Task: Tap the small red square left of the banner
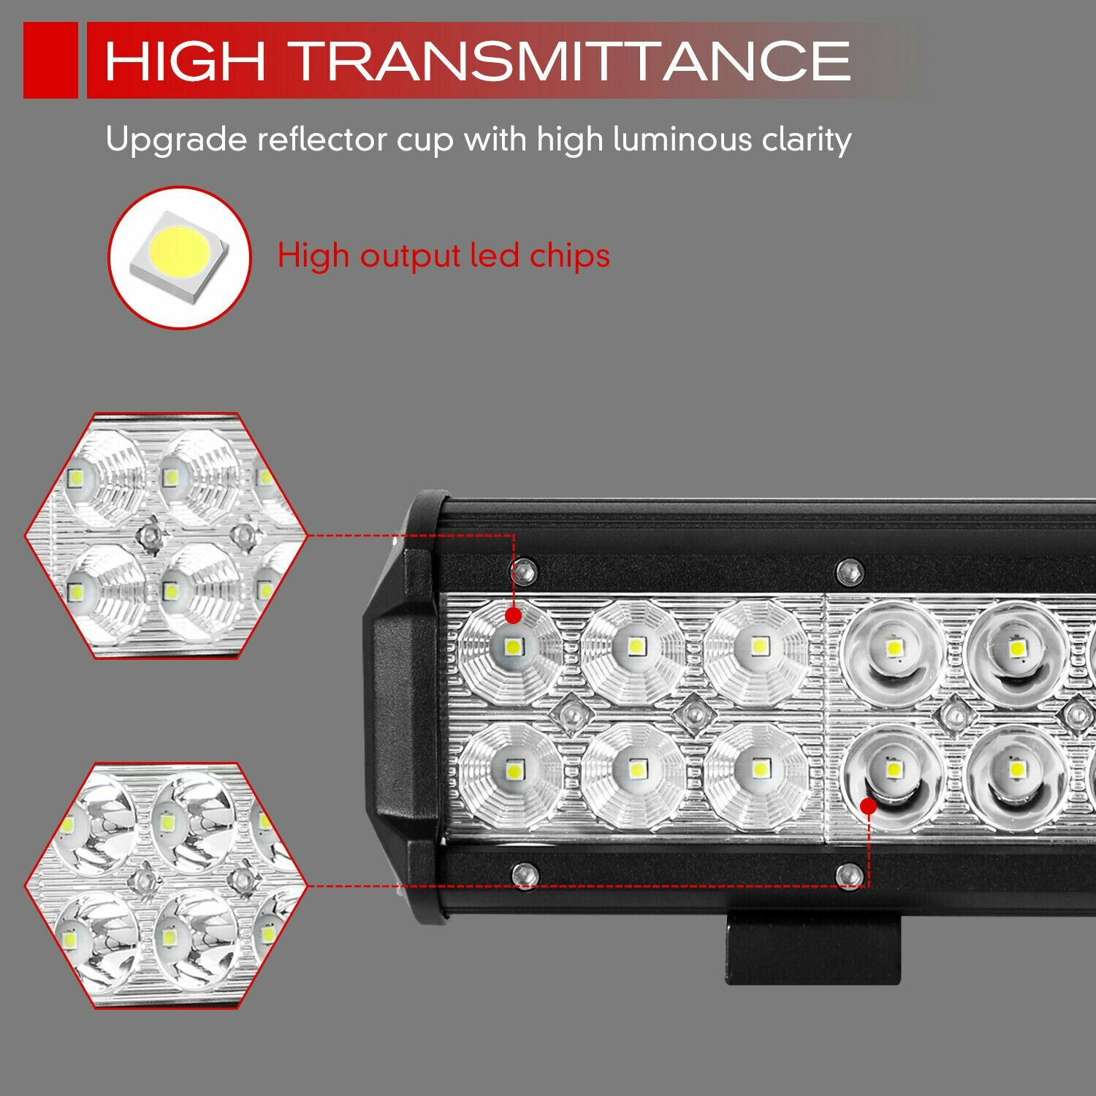pos(50,60)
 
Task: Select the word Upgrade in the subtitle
pos(176,140)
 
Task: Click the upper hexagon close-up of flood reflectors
pos(166,536)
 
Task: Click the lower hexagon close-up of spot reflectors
pos(166,886)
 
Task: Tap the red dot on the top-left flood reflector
pos(514,616)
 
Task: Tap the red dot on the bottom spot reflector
pos(868,806)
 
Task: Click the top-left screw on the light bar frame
pos(524,571)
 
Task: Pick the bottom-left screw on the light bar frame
pos(524,873)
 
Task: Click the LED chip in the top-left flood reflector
pos(512,646)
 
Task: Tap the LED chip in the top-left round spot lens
pos(892,647)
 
